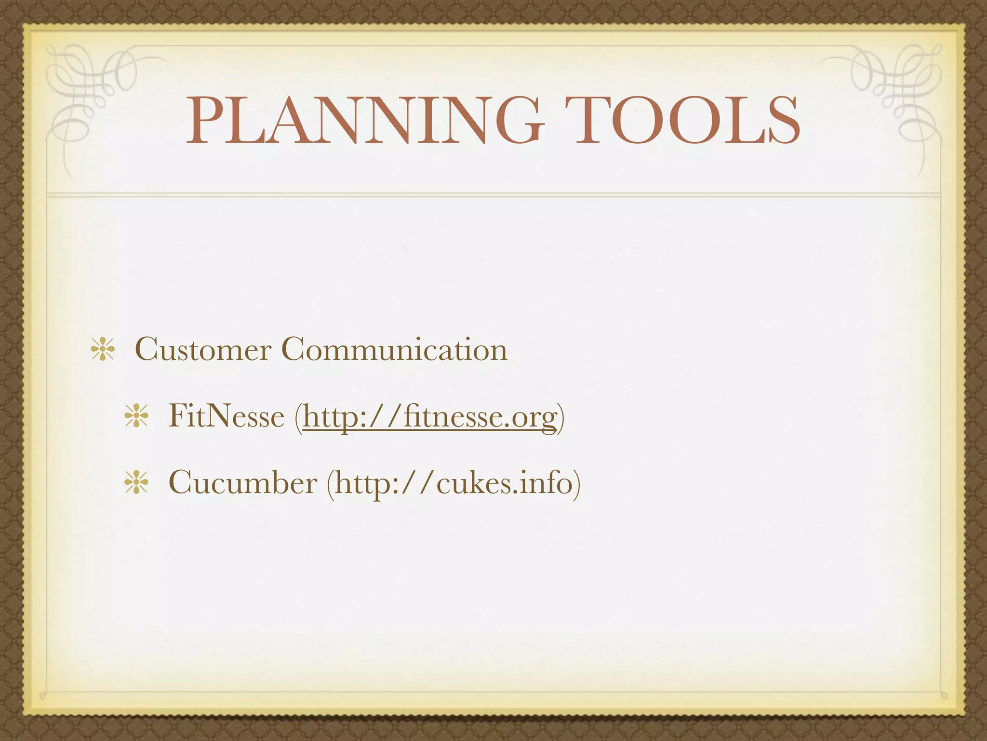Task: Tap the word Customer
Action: click(x=203, y=349)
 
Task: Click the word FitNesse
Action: click(x=226, y=416)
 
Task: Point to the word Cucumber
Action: click(x=243, y=482)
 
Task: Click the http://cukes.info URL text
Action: click(x=453, y=482)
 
